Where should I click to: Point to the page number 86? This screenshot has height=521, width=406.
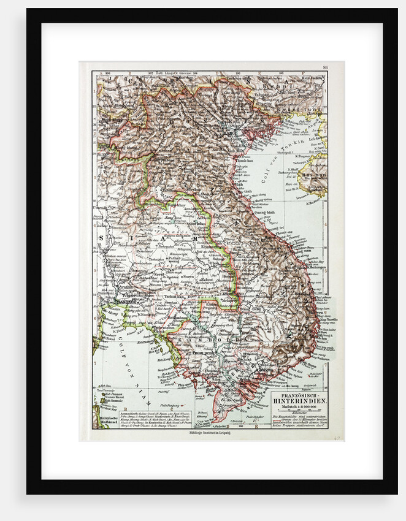325,67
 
